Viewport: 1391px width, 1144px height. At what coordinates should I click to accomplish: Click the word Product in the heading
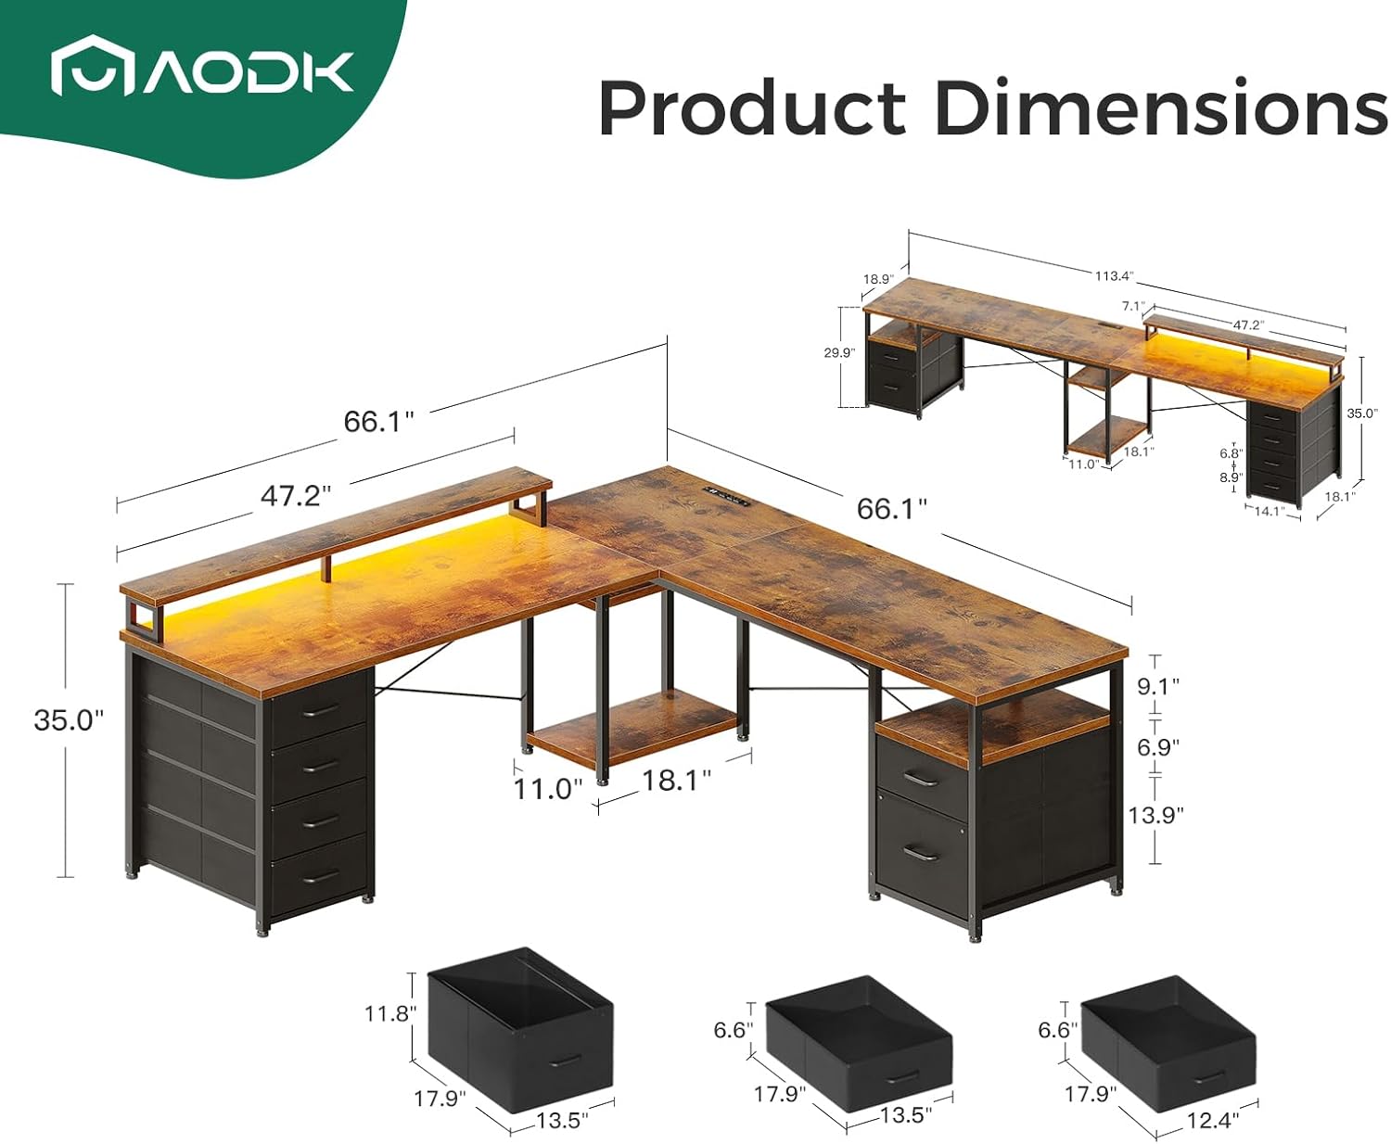752,108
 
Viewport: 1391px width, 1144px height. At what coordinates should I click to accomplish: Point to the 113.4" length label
1114,275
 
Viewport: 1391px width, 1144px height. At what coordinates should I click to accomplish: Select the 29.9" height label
838,352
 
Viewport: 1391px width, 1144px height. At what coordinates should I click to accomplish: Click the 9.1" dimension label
1157,686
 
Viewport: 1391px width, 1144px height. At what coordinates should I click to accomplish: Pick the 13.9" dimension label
1155,815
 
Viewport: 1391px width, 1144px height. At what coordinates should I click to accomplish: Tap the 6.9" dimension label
1156,747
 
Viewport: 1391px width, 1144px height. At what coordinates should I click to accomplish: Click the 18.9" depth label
877,278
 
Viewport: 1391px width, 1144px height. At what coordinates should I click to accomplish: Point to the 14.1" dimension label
1269,511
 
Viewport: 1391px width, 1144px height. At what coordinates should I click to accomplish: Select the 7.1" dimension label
1132,306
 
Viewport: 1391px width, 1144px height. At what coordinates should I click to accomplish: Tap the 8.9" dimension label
1230,477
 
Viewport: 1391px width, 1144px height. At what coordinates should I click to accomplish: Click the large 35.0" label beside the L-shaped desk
69,720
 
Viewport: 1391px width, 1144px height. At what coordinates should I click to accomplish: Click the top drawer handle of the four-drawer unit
321,710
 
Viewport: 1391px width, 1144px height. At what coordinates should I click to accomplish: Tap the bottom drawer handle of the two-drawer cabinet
920,851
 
